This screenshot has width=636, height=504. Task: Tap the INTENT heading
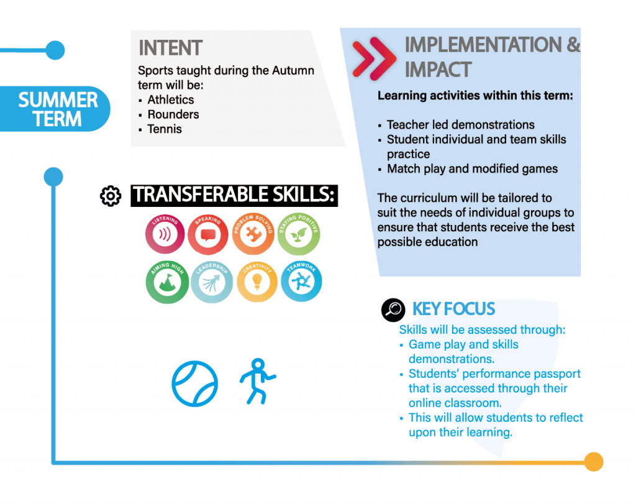coord(170,48)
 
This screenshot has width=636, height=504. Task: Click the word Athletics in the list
coord(171,100)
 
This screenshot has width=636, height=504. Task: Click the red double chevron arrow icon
coord(374,58)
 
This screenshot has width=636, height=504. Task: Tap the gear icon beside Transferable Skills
coord(111,196)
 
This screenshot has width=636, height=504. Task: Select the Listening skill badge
coord(165,234)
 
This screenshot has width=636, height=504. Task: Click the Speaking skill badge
coord(208,234)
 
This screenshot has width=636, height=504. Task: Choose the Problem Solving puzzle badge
coord(253,234)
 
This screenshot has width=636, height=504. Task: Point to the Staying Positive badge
coord(299,234)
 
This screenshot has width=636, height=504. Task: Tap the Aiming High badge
coord(167,282)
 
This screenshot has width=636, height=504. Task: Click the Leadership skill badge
coord(212,282)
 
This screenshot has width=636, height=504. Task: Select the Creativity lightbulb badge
coord(257,282)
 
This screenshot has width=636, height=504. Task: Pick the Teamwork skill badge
coord(301,281)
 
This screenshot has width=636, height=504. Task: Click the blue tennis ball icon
coord(194,383)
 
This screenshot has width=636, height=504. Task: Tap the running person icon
coord(257,381)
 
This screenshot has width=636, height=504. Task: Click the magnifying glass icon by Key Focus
coord(393,310)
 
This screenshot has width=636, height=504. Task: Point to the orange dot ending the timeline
coord(594,462)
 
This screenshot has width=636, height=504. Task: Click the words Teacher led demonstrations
coord(461,124)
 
